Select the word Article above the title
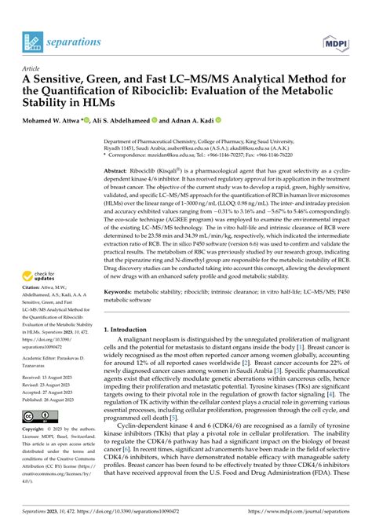click(x=31, y=68)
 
